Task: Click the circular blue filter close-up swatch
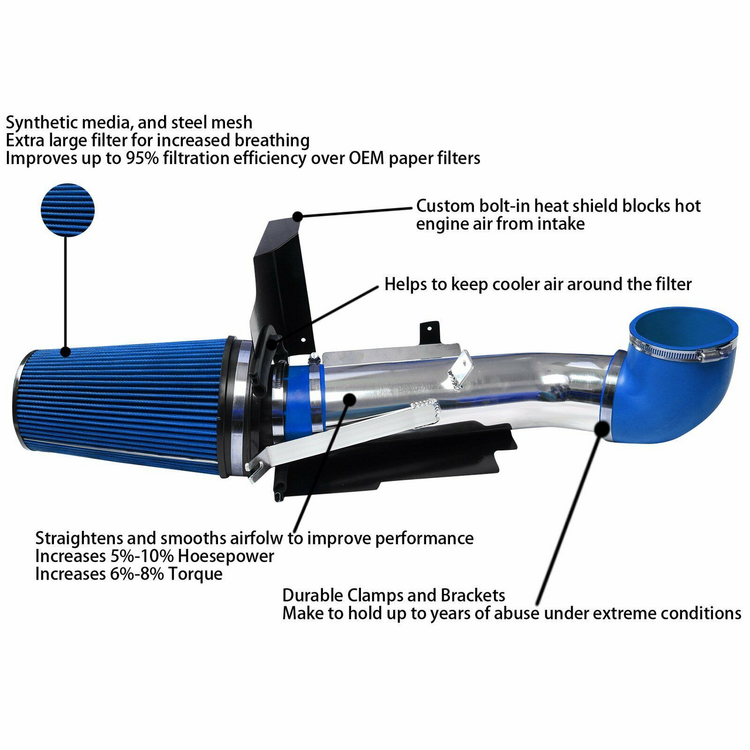67,210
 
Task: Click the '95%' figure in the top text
142,158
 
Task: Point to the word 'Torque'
195,574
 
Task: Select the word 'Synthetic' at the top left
42,123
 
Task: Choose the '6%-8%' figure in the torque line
137,574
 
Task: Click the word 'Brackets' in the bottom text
472,596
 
